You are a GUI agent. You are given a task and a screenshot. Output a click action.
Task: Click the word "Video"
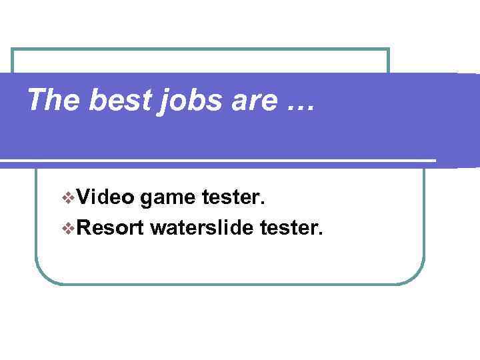coord(105,197)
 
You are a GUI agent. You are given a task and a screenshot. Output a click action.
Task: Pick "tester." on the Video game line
coord(233,197)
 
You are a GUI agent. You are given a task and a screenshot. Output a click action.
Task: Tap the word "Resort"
coord(110,229)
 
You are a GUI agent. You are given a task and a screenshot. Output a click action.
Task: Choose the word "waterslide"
coord(202,229)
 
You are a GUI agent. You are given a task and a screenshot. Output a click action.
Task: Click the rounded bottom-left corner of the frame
coord(41,277)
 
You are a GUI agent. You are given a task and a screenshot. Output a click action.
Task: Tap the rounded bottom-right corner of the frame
coord(418,277)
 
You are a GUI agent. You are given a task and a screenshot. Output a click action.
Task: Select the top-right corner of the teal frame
coord(388,49)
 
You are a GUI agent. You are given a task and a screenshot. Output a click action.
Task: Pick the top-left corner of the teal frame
coord(13,50)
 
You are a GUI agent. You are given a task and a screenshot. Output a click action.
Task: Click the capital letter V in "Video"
coord(83,197)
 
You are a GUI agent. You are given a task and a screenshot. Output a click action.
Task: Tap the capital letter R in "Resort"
coord(85,229)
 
